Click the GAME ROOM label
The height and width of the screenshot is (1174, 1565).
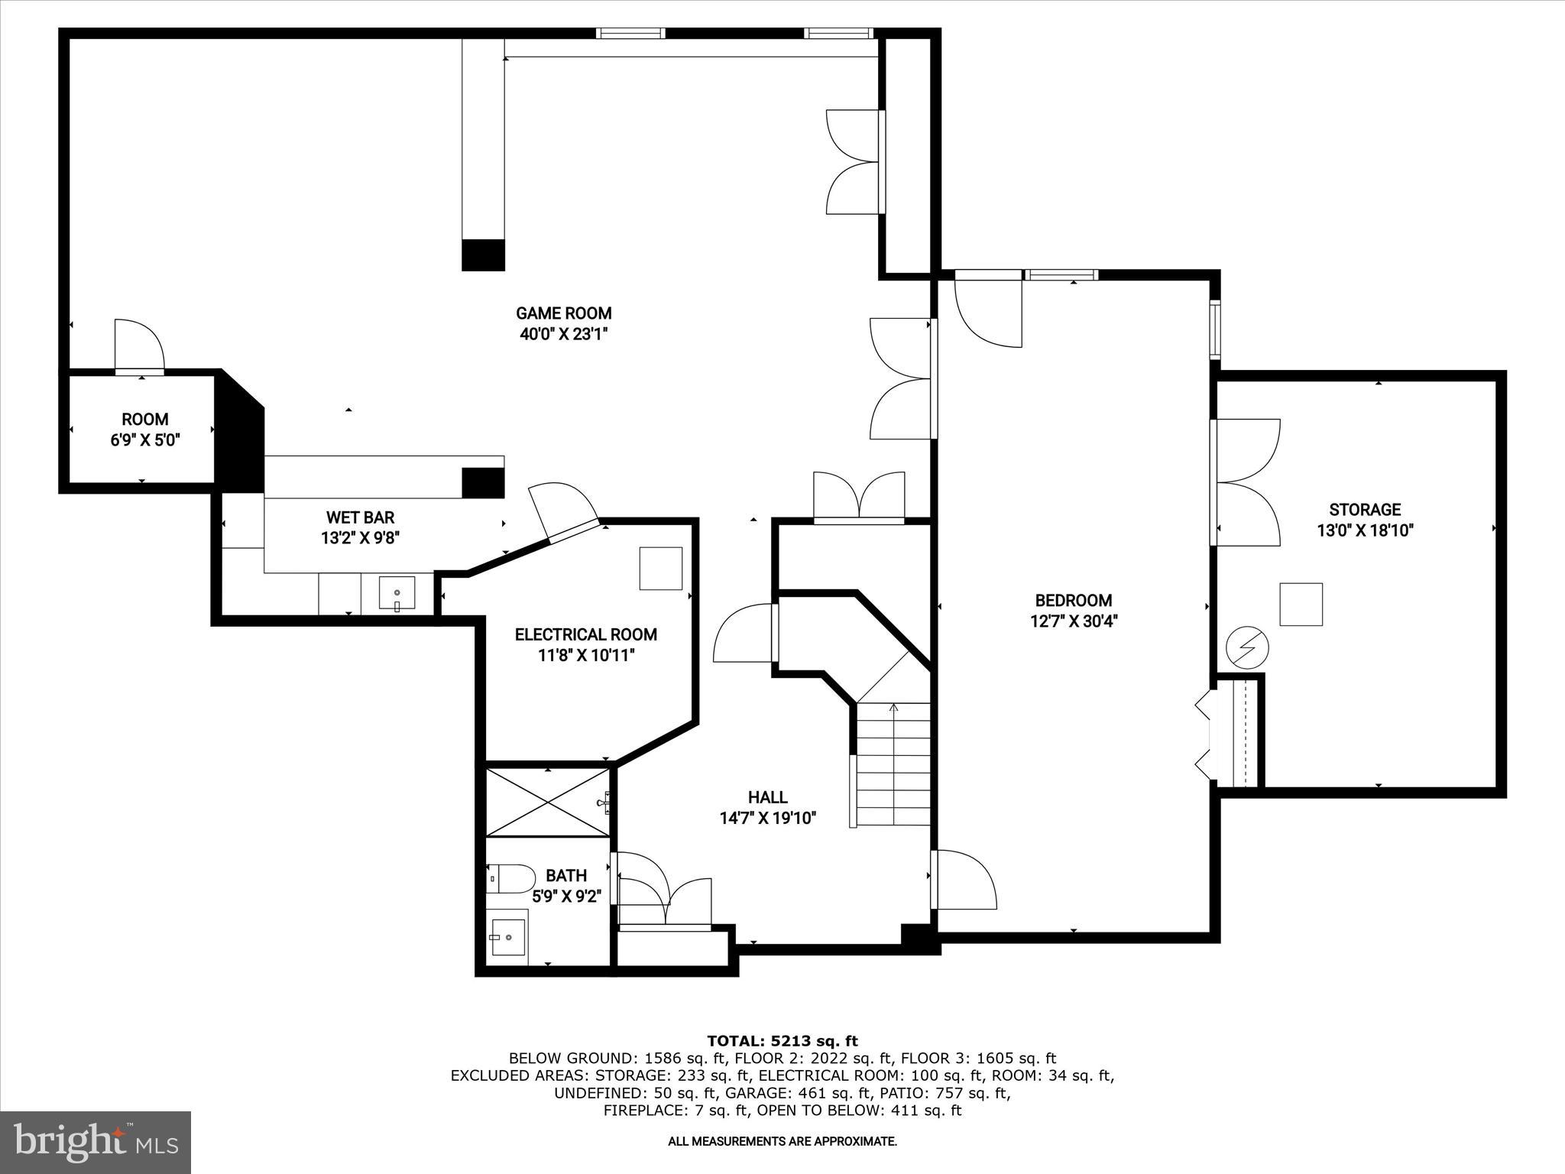coord(563,313)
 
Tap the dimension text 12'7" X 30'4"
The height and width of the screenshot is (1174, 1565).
coord(1074,621)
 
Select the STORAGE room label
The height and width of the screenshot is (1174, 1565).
coord(1365,510)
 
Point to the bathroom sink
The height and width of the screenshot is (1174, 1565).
coord(507,937)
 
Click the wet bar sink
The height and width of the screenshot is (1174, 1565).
coord(397,594)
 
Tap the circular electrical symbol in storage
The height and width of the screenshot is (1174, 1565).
coord(1246,648)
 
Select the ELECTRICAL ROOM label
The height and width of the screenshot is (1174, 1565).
coord(585,634)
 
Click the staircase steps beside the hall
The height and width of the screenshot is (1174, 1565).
coord(893,764)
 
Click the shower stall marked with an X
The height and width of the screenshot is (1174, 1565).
coord(548,803)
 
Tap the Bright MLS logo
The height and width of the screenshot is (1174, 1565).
coord(95,1142)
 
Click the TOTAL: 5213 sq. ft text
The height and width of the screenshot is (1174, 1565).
coord(782,1041)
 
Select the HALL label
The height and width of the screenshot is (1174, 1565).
coord(768,798)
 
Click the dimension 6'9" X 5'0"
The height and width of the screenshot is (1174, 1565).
coord(145,440)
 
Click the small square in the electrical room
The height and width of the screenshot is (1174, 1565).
coord(660,568)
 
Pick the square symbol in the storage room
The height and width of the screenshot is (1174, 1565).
coord(1301,604)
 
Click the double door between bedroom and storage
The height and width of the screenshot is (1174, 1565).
coord(1246,482)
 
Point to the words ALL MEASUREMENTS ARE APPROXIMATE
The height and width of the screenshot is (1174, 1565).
coord(782,1142)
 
